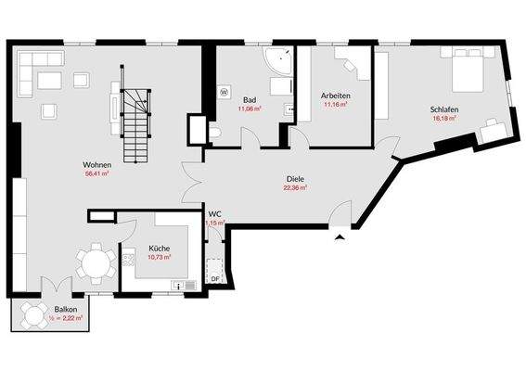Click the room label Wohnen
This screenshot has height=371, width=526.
(96, 164)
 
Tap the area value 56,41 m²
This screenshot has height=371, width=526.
(96, 173)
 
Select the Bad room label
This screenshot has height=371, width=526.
(250, 99)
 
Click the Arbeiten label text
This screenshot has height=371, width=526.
(335, 96)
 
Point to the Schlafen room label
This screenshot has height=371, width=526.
(445, 109)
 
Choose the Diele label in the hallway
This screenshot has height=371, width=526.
(295, 178)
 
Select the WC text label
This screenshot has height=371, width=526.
(214, 213)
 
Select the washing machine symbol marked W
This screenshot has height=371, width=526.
(225, 92)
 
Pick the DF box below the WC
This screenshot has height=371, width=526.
(214, 278)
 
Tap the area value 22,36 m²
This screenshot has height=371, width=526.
(295, 187)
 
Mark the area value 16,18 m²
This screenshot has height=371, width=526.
(445, 119)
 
